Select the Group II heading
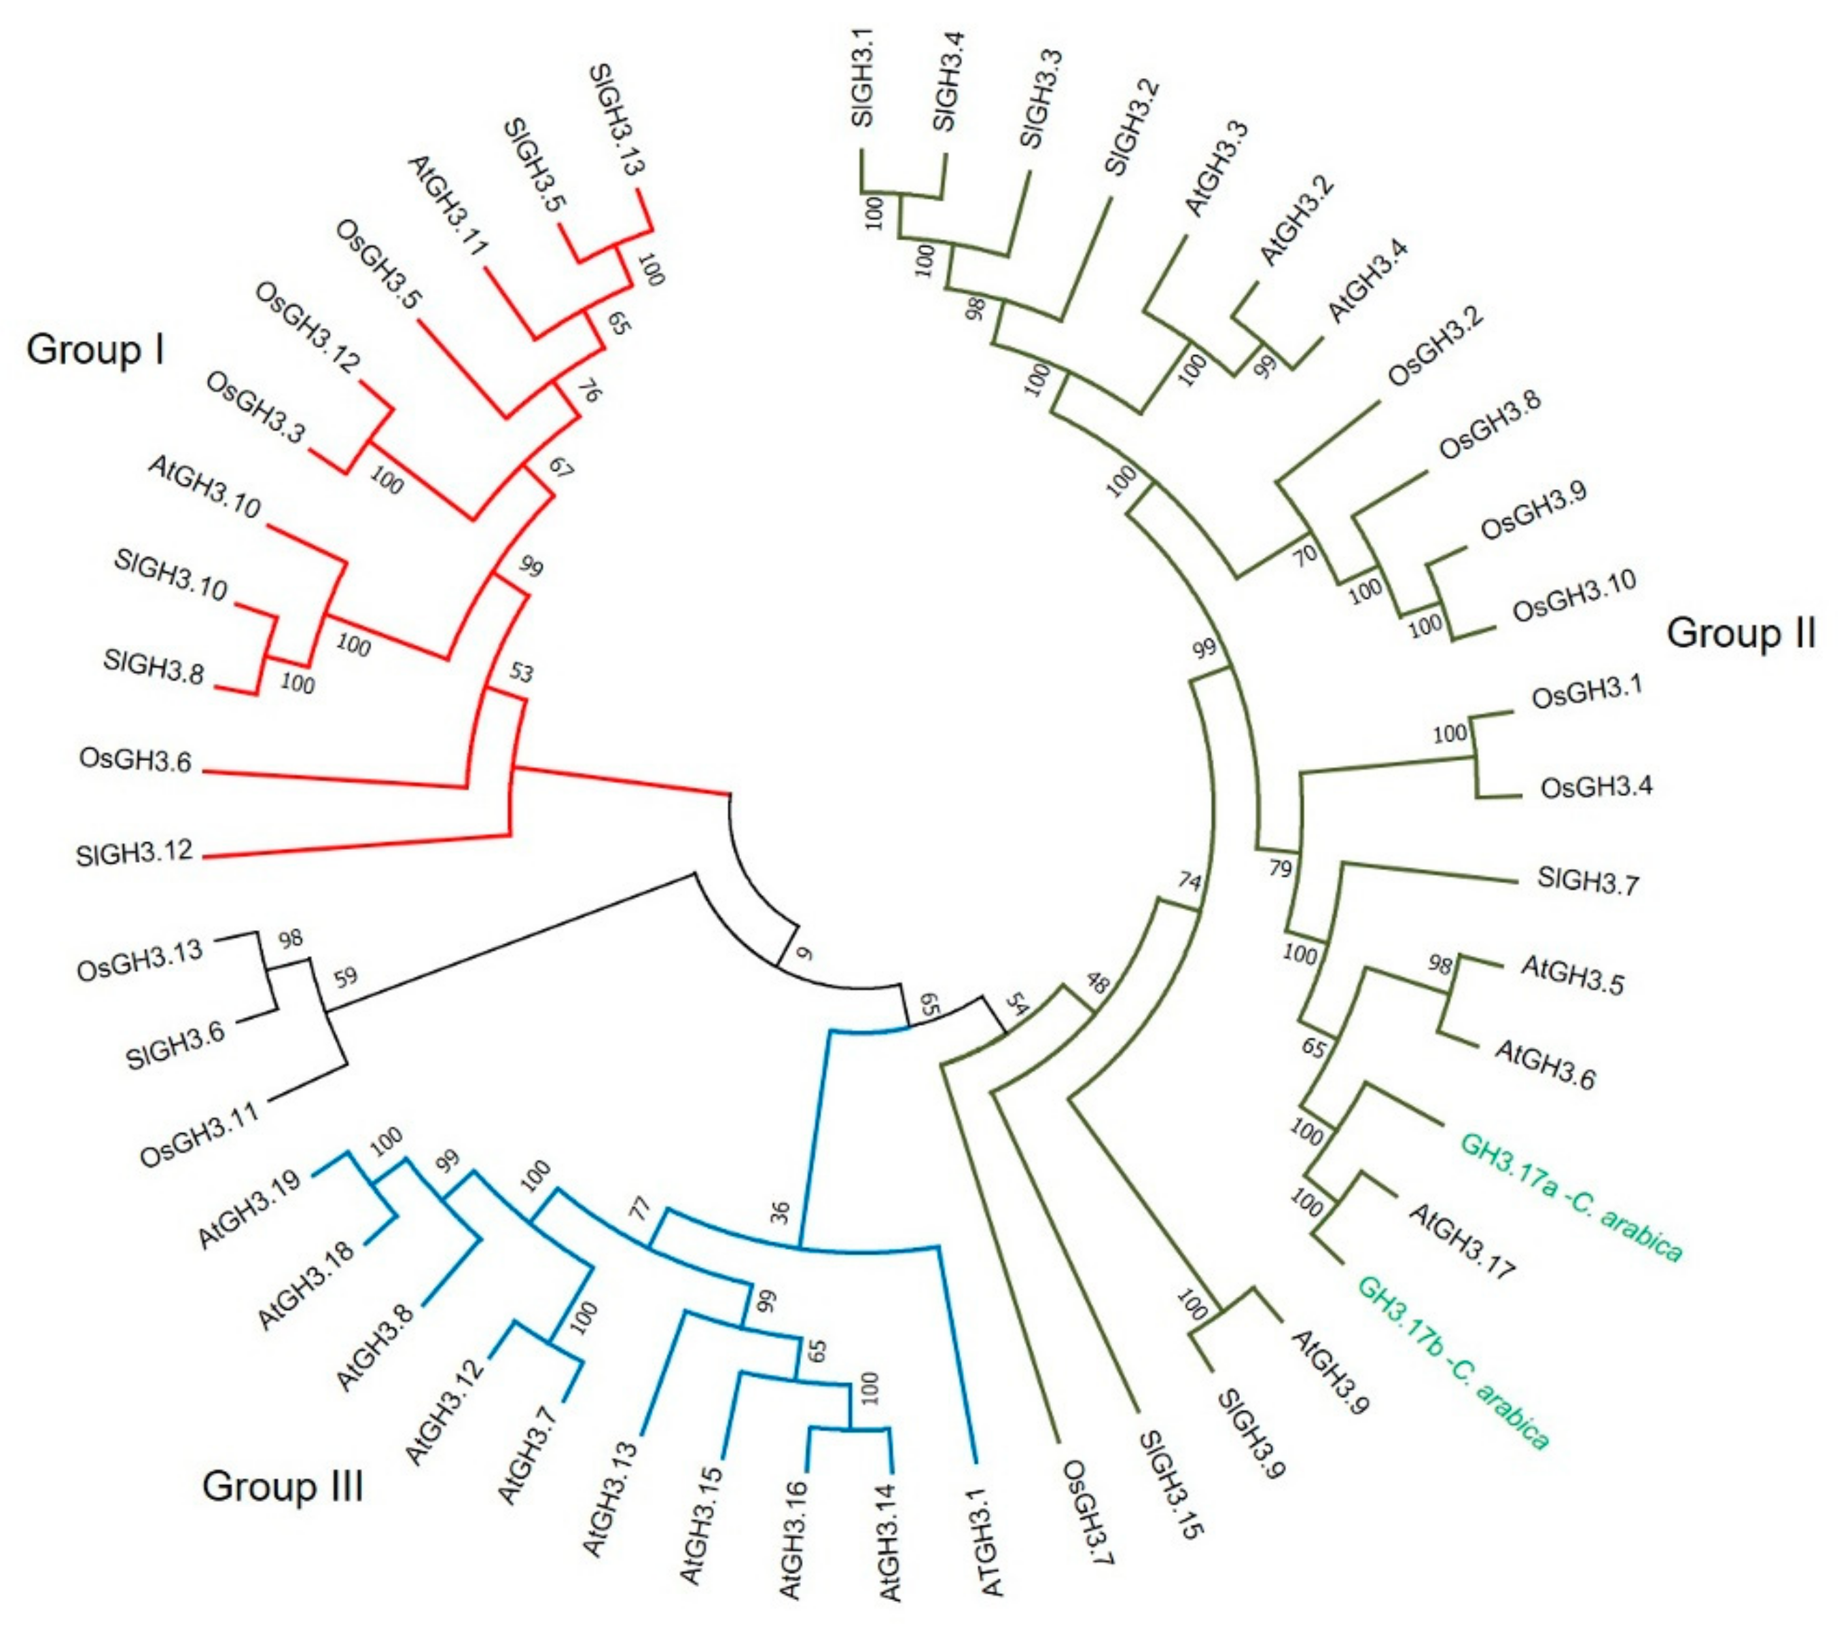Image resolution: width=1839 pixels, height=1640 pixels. pyautogui.click(x=1740, y=632)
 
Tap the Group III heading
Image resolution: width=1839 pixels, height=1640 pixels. pyautogui.click(x=282, y=1486)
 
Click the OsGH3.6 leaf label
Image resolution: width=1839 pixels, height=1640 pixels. pyautogui.click(x=135, y=760)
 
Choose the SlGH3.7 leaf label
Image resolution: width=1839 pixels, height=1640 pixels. pyautogui.click(x=1588, y=880)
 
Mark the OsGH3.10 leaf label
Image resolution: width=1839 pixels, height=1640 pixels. pyautogui.click(x=1573, y=594)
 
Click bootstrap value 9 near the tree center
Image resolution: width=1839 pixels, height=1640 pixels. pyautogui.click(x=804, y=952)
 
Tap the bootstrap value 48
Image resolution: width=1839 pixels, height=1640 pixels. pyautogui.click(x=1097, y=981)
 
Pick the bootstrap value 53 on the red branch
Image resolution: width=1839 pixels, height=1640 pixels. pyautogui.click(x=522, y=672)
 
